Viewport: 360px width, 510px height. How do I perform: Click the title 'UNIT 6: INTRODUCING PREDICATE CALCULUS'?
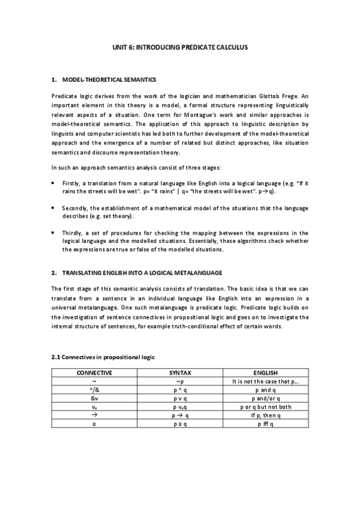[x=180, y=46]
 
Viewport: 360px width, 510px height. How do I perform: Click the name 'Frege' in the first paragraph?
[x=288, y=96]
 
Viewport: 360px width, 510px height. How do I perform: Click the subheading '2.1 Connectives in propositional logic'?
[x=103, y=357]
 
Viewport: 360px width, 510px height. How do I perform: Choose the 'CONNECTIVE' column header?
[x=94, y=373]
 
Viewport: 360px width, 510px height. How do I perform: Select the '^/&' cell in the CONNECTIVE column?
[x=94, y=390]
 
